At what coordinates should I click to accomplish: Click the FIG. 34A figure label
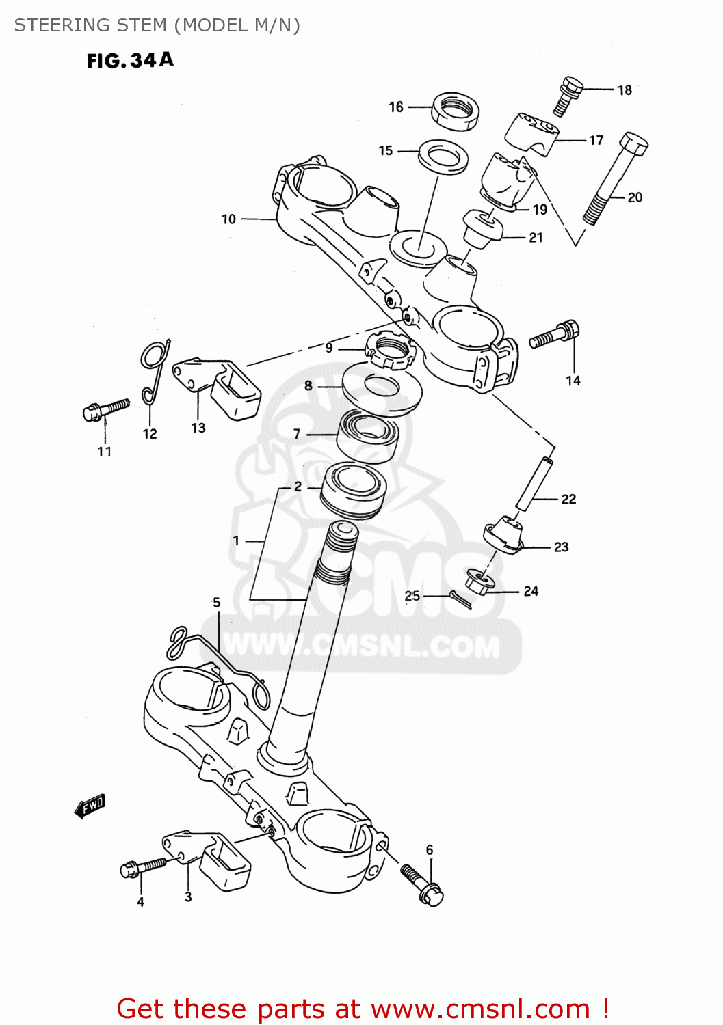point(130,61)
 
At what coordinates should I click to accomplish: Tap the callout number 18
point(624,90)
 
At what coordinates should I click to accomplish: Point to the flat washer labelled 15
point(443,157)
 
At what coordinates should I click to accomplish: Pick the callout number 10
point(228,219)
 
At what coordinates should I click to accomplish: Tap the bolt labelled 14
point(555,335)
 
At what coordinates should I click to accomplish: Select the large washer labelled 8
point(382,389)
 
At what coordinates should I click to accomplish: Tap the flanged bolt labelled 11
point(105,410)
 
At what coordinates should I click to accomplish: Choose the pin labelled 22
point(534,484)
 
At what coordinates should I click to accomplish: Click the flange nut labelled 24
point(479,582)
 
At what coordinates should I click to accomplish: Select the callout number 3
point(188,897)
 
